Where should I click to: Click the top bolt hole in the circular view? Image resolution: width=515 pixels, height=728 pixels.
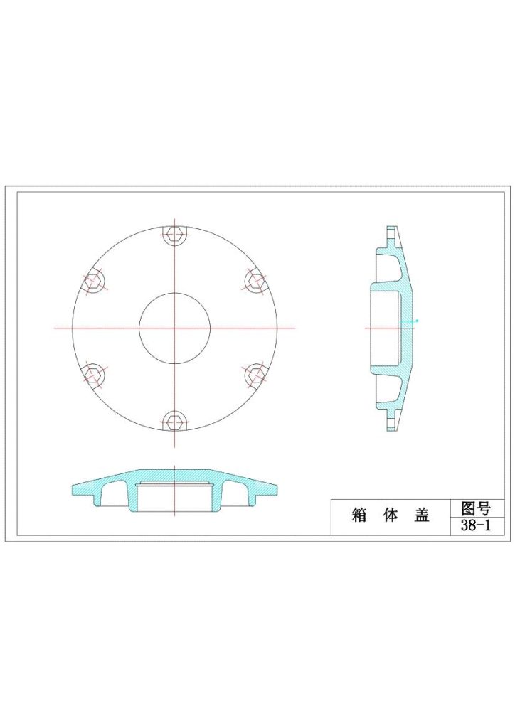click(174, 235)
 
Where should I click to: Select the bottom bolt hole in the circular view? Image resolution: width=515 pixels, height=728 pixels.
click(174, 422)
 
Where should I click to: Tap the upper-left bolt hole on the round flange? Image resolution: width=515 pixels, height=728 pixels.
click(93, 282)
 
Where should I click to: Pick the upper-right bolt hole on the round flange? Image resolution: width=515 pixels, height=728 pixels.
click(255, 281)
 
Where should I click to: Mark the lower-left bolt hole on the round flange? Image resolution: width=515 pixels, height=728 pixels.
click(93, 375)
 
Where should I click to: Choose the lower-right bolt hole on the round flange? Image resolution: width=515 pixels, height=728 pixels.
click(255, 375)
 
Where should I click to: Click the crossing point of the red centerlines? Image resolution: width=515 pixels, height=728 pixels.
click(174, 328)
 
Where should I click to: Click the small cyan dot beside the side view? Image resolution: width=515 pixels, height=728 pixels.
click(418, 321)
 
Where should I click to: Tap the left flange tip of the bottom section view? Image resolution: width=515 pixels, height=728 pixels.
click(73, 488)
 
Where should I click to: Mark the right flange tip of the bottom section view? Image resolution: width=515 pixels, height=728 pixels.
click(275, 488)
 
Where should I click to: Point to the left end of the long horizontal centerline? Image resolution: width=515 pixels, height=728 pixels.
click(55, 328)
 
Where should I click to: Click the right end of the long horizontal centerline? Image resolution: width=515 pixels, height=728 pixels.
click(294, 328)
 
